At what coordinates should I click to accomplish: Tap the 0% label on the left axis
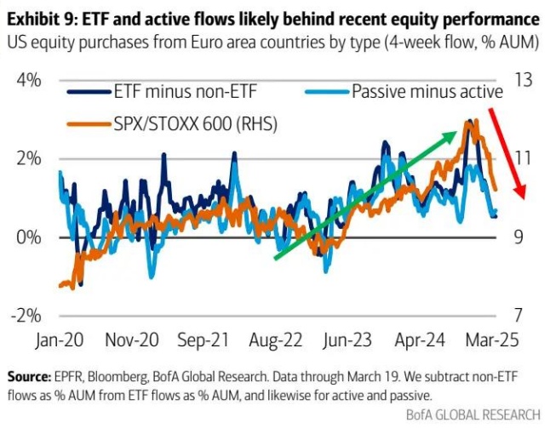click(x=27, y=237)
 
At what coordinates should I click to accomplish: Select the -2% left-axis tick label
click(x=24, y=314)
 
